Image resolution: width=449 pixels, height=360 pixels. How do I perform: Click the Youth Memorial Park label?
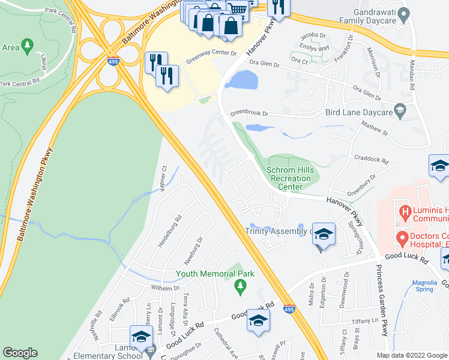pos(215,274)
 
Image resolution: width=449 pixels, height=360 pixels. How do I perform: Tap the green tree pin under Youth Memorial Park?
pos(241,288)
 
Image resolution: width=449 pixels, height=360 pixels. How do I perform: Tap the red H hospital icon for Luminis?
pos(405,211)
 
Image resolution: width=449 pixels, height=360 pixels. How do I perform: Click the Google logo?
pos(20,353)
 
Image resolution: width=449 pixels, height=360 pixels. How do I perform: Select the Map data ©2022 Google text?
pos(412,355)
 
